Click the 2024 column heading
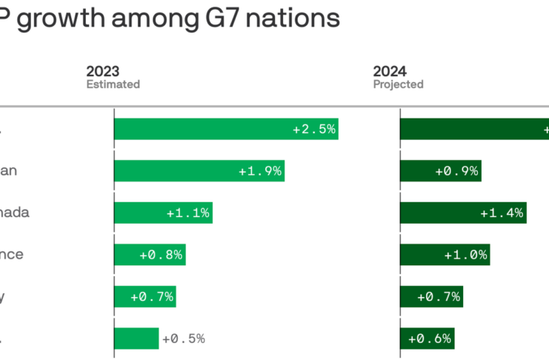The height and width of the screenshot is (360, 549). point(390,71)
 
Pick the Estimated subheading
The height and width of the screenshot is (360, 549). point(113,84)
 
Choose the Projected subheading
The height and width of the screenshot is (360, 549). point(398,84)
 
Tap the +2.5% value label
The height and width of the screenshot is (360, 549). point(314,129)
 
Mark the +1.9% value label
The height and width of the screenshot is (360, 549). point(260,171)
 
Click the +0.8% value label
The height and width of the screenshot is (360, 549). point(161,255)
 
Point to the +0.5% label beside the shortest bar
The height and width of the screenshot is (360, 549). point(183,339)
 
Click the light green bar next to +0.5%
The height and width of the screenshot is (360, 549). point(136,339)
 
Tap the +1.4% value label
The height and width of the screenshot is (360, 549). point(502,213)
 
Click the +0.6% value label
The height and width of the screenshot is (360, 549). point(430,339)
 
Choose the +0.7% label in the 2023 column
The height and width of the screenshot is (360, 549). point(152,297)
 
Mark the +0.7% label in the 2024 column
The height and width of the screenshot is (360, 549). point(439,297)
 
